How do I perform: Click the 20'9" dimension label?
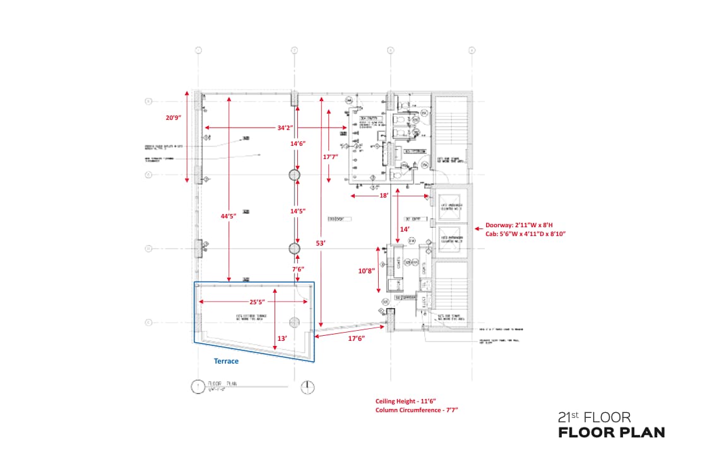(x=174, y=118)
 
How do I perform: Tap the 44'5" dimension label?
(x=228, y=216)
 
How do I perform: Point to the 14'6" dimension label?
(x=297, y=144)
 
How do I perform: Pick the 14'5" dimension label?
(x=297, y=211)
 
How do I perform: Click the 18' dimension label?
(x=383, y=196)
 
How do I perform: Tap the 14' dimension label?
(x=405, y=229)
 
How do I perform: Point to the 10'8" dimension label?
(x=366, y=270)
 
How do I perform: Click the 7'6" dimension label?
(x=297, y=269)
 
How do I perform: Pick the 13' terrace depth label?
(x=282, y=338)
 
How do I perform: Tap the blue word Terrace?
(x=226, y=361)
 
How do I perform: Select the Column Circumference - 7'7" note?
(x=416, y=410)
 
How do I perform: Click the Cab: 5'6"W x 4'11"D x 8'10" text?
(x=525, y=234)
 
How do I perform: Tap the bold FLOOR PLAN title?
(x=611, y=433)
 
